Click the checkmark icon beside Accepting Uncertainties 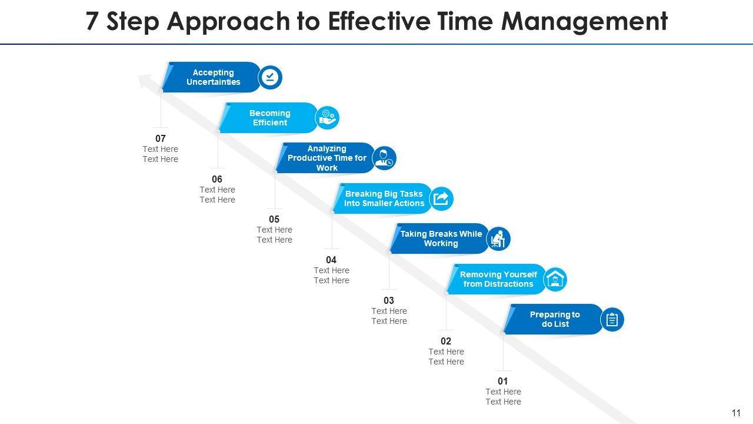point(271,78)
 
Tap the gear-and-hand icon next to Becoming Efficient point(328,118)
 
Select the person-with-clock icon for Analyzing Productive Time point(385,158)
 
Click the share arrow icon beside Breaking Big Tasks point(441,198)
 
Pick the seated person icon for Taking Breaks point(498,238)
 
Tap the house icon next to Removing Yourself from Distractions point(555,279)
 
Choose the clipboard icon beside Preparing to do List point(612,320)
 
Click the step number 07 point(161,139)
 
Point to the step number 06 point(217,179)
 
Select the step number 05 point(274,220)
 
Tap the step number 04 point(331,260)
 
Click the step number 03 point(389,300)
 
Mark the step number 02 point(446,341)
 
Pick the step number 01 point(503,381)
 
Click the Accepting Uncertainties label point(214,77)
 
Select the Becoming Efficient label point(270,118)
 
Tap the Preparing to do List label point(555,319)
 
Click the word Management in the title point(584,22)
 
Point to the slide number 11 point(736,413)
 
